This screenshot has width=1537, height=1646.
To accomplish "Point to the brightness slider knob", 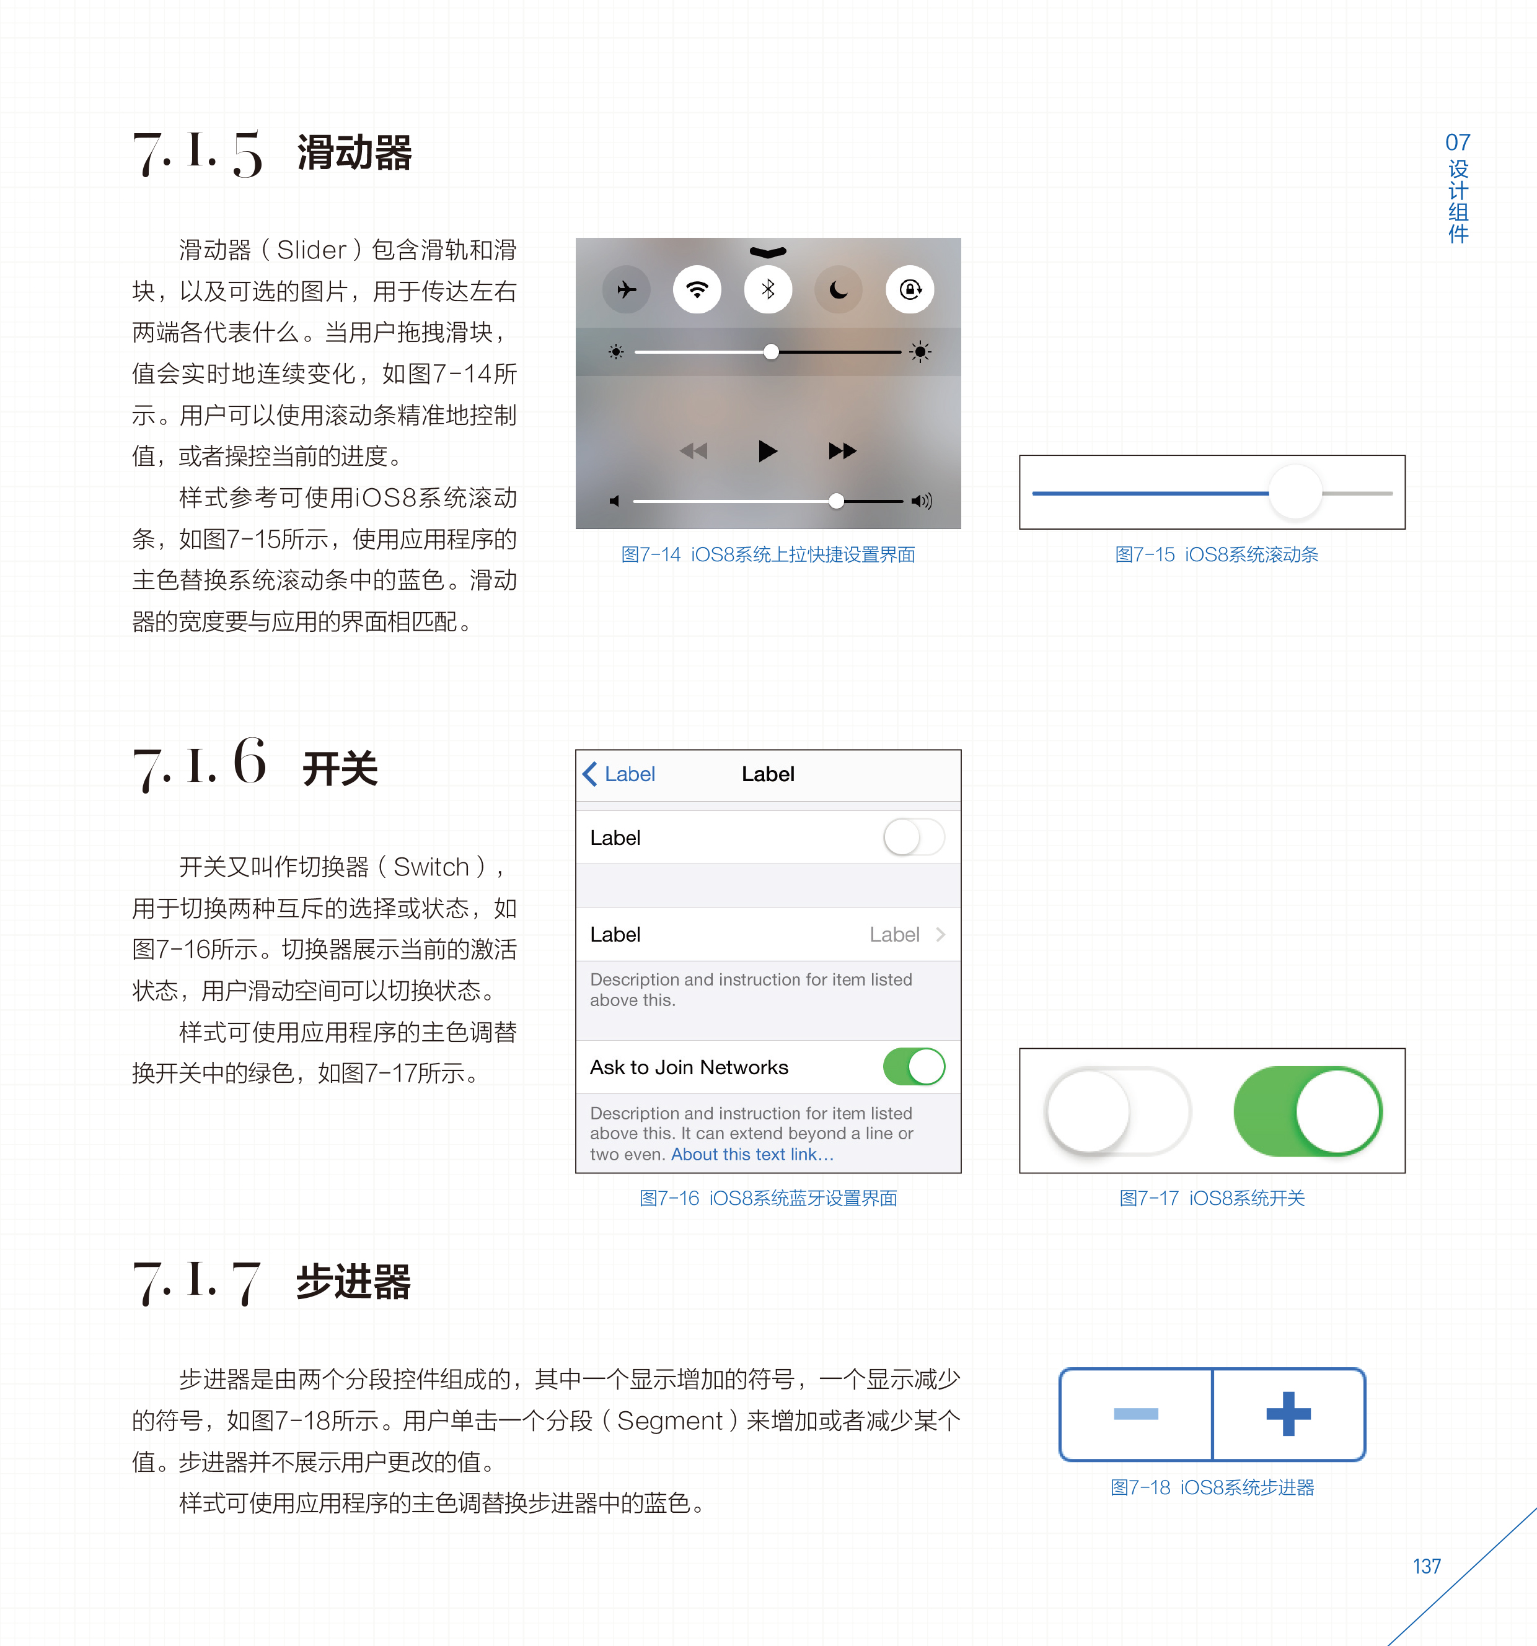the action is (771, 352).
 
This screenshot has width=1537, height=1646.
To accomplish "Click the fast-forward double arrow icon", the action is (842, 451).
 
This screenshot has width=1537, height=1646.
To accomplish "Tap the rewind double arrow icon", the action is (694, 451).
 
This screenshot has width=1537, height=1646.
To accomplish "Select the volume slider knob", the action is (837, 501).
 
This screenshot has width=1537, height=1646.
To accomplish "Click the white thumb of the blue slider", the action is (1295, 492).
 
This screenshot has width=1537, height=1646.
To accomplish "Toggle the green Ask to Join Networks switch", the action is (914, 1066).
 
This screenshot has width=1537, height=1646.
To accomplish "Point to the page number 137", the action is (1427, 1567).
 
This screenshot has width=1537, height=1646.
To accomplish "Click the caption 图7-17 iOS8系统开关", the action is (1212, 1198).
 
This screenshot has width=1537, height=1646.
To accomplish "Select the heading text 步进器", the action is (354, 1282).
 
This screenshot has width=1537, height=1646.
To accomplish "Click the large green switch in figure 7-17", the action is (1308, 1111).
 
